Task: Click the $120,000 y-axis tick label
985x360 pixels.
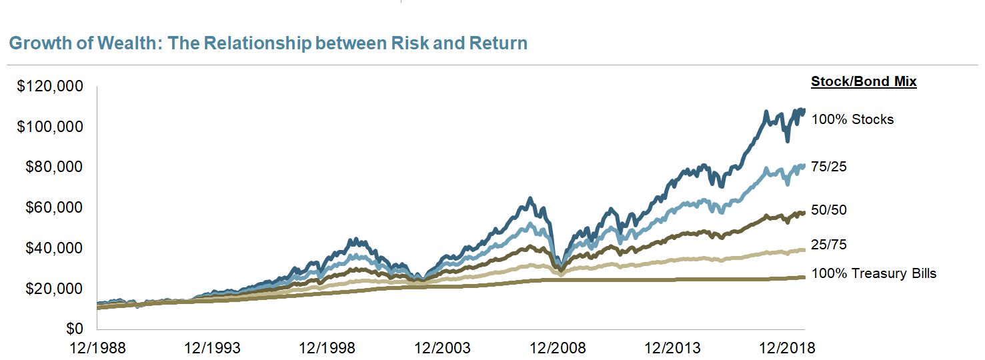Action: pos(50,86)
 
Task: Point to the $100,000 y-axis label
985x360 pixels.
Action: pos(50,127)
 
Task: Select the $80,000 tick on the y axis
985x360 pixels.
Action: pos(54,167)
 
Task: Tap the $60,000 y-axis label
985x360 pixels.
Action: pos(54,207)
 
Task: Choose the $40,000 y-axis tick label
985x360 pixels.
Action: pos(54,248)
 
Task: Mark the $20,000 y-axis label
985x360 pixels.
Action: pos(54,289)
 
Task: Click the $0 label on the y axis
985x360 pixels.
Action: pos(74,329)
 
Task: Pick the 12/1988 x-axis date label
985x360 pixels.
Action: pos(97,348)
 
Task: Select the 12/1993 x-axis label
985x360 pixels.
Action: pos(212,348)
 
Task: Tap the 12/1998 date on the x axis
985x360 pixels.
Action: pos(327,348)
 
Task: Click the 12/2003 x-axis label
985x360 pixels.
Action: pos(442,348)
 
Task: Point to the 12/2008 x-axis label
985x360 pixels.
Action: pos(558,348)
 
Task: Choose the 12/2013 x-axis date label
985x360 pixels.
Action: pos(672,348)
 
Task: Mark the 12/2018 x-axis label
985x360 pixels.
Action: pos(787,348)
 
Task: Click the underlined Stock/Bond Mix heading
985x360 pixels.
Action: pos(864,82)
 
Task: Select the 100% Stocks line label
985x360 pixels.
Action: pos(852,119)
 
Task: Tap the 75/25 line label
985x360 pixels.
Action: pos(829,167)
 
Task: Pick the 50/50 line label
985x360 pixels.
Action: pos(829,210)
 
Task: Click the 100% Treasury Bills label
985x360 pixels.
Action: pos(874,273)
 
